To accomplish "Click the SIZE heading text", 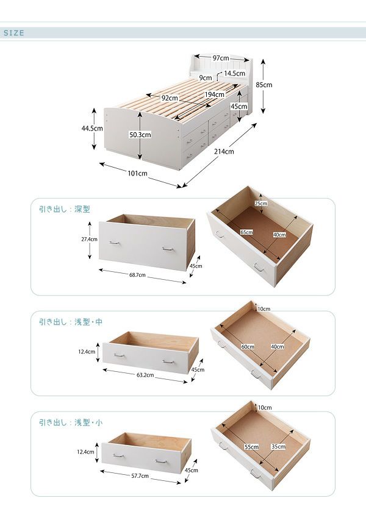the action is coord(14,33).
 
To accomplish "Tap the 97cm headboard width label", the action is coord(221,58).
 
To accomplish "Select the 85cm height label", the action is coord(264,85).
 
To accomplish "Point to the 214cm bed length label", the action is coord(224,151).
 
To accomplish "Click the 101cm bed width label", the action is coord(138,173).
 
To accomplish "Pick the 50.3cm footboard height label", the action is coord(140,135).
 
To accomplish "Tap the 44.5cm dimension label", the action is coord(92,129).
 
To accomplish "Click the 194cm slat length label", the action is coord(215,94).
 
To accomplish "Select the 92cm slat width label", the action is coord(170,98).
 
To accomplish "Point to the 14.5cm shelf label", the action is coord(234,74).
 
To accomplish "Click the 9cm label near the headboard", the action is coord(206,78).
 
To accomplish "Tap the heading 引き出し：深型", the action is coord(65,209).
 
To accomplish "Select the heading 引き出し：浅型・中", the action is coord(71,322).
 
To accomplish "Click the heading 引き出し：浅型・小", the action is coord(71,422).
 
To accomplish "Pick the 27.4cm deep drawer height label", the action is coord(89,239).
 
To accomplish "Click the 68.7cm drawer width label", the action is coord(138,275).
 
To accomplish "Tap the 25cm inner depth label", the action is coord(261,204).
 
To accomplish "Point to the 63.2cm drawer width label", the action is coord(145,375).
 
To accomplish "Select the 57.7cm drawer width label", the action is coord(140,476).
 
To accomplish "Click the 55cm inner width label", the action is coord(251,447).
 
